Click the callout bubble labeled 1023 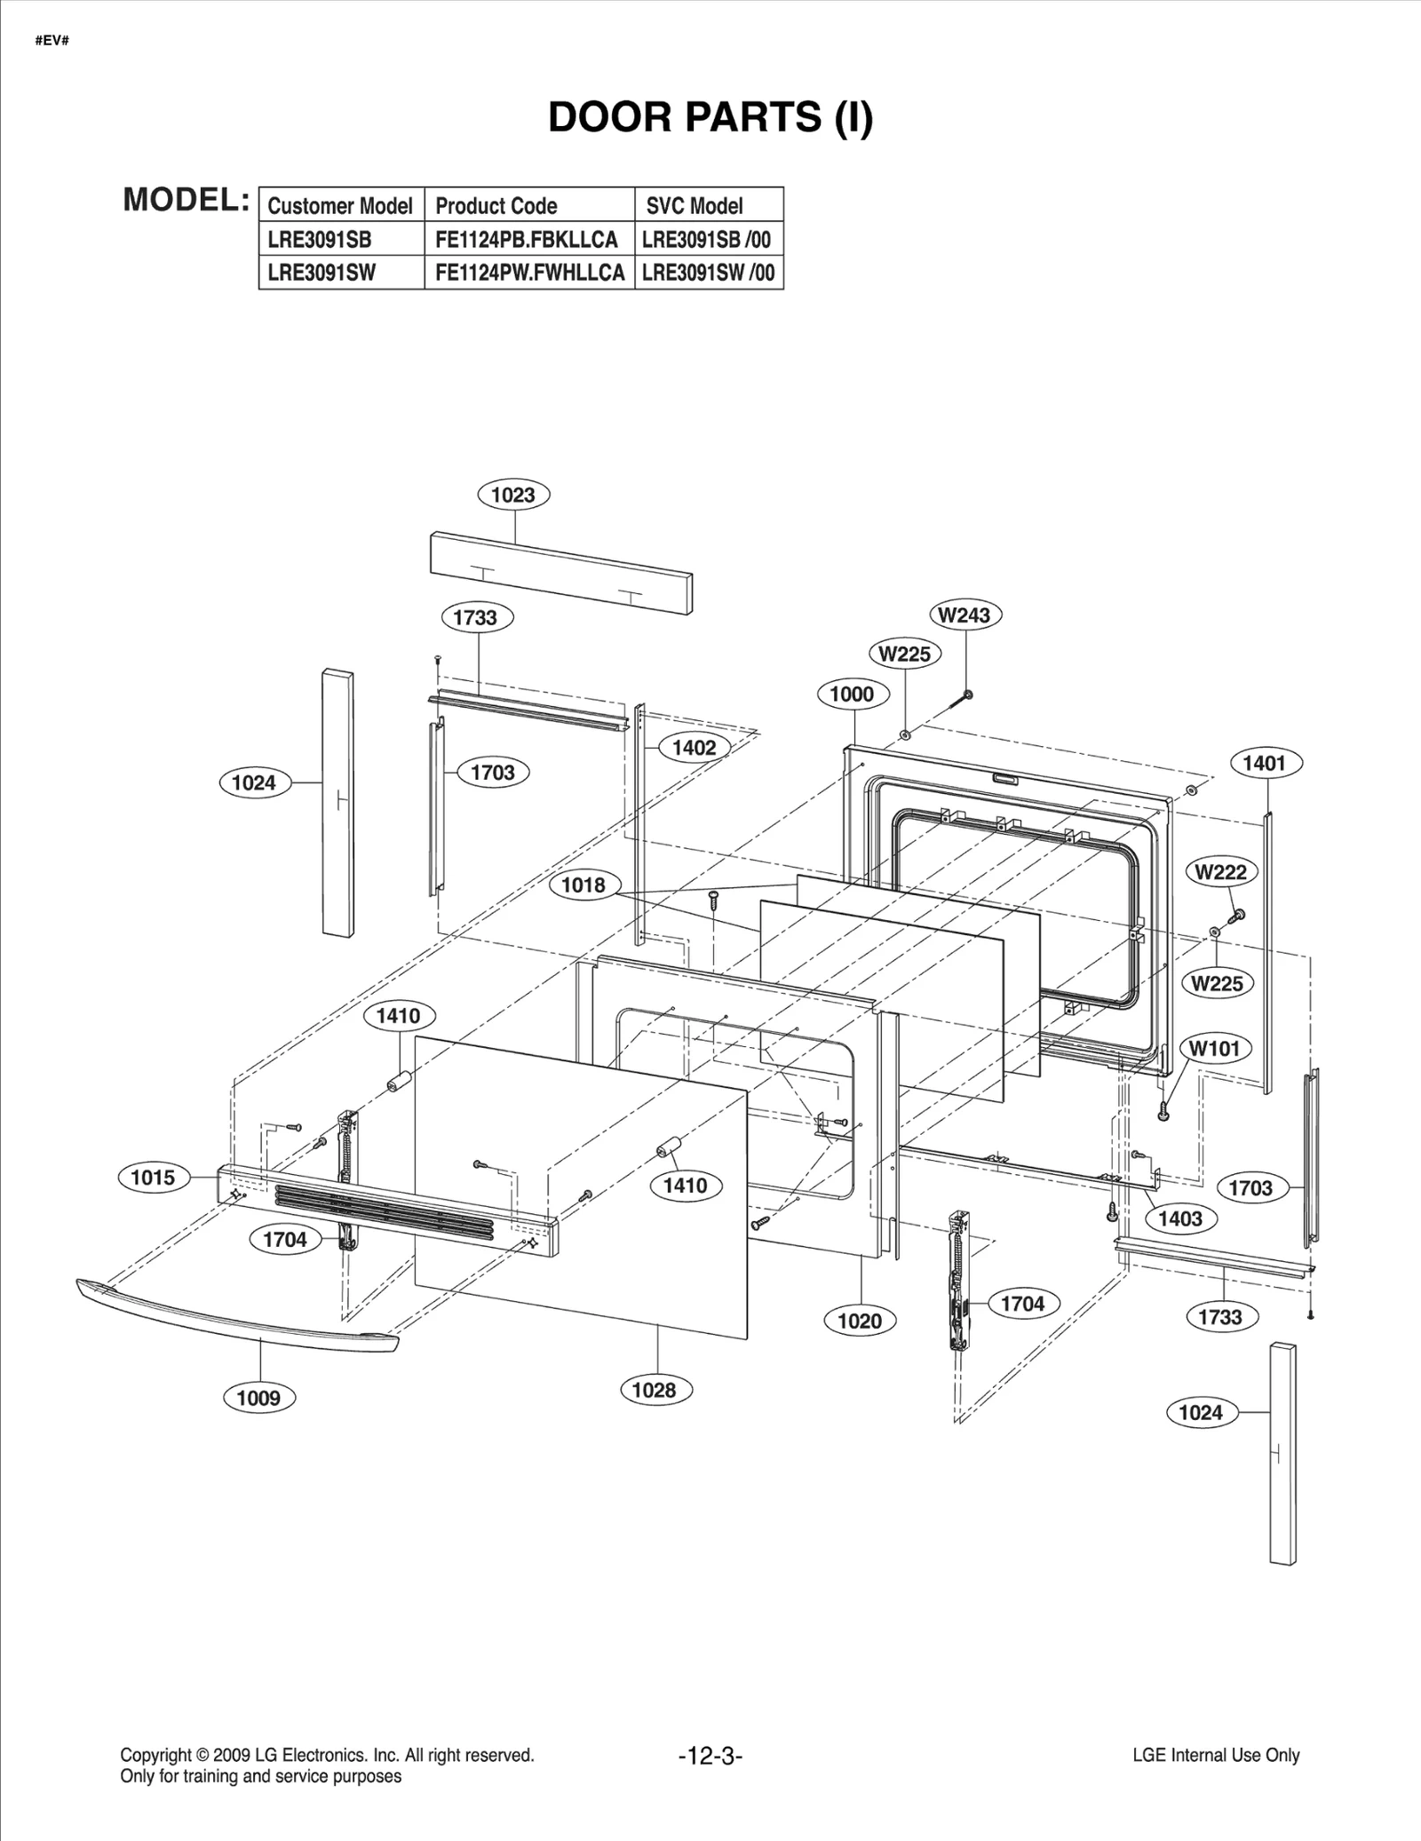(513, 495)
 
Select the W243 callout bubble (965, 615)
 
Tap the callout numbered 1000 (852, 694)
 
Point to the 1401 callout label (1264, 763)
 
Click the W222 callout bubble (1220, 872)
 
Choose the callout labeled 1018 (583, 885)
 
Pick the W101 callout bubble (1214, 1048)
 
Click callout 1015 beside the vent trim (153, 1178)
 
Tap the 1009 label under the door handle (258, 1398)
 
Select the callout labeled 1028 (655, 1390)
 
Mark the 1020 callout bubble (860, 1321)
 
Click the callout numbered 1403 (1180, 1218)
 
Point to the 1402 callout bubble (694, 748)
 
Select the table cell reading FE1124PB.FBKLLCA (527, 240)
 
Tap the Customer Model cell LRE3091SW (322, 273)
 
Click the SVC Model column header (695, 206)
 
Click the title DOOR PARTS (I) (710, 117)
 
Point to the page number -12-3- (710, 1756)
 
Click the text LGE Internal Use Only (1216, 1755)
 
